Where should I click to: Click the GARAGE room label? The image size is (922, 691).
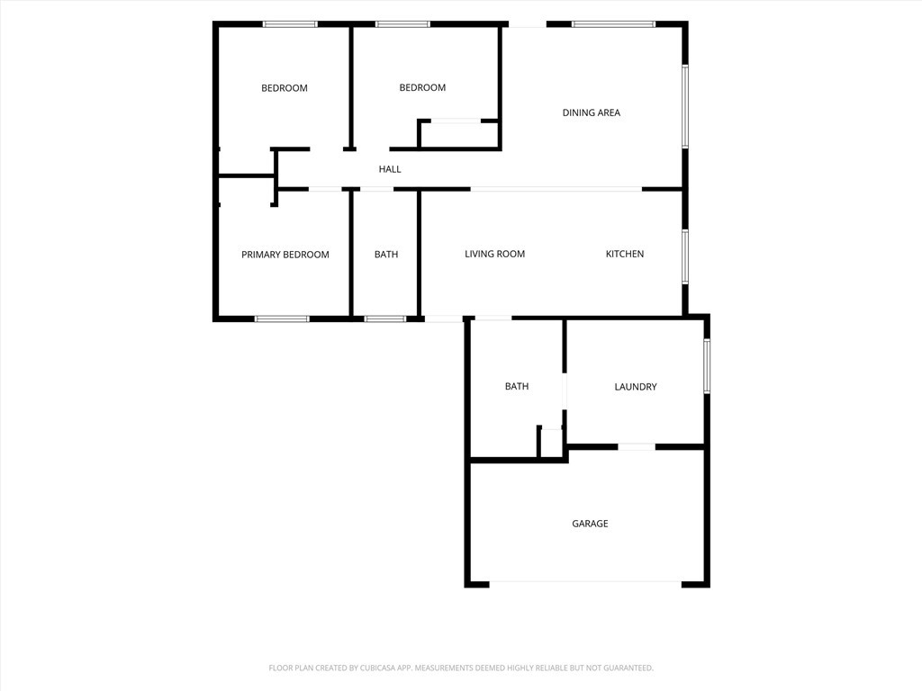coord(590,524)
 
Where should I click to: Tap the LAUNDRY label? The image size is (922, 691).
coord(635,387)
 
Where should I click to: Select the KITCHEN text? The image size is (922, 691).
coord(625,254)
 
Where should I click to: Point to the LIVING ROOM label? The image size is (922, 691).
coord(494,254)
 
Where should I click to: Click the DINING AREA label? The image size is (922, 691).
coord(591,112)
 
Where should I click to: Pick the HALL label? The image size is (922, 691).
coord(390,169)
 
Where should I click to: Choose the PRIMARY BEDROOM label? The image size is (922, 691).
coord(285,255)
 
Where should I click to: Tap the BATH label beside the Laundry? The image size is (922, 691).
coord(516,386)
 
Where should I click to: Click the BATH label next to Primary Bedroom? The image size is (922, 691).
coord(385,255)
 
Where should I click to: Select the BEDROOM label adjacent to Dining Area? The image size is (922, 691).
coord(422,87)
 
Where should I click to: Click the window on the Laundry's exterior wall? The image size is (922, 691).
coord(707,365)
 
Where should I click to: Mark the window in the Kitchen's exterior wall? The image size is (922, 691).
coord(685,256)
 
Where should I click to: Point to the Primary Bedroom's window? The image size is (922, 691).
coord(282,319)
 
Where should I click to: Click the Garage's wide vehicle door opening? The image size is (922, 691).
coord(585,583)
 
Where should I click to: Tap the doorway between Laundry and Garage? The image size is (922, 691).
coord(637,447)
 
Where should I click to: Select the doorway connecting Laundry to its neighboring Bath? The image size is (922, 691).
coord(565,391)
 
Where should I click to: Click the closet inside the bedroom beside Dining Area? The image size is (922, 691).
coord(458,134)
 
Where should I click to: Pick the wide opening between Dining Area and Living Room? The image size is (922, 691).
coord(556,189)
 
